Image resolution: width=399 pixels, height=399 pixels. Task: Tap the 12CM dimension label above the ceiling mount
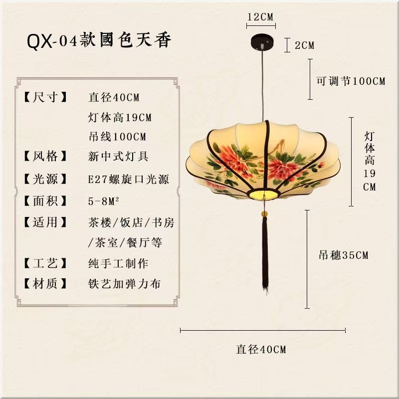coord(260,16)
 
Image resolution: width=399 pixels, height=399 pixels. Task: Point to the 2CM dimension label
coord(304,45)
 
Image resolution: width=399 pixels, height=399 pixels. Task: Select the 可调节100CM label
coord(351,81)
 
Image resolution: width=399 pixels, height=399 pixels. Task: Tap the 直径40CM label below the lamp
coord(261,350)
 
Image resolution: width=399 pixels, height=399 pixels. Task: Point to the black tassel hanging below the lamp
coord(265,254)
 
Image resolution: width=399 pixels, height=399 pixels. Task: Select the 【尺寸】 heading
coord(45,97)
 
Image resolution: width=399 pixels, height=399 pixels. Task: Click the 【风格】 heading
coord(45,156)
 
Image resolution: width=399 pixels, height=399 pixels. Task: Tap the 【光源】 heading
coord(45,179)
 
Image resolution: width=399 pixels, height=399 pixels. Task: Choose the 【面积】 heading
coord(45,201)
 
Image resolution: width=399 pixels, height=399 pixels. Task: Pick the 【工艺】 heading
coord(45,263)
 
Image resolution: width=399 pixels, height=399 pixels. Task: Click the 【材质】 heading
coord(45,284)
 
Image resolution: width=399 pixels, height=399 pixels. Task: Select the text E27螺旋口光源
coord(128,179)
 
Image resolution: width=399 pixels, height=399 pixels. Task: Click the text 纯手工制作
coord(118,263)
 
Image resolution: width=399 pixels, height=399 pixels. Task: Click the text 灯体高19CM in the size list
coord(120,118)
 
